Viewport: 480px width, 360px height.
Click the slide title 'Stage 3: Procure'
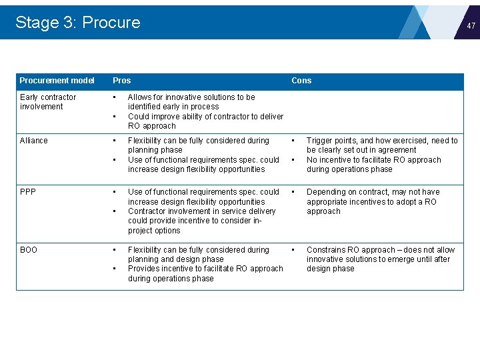pos(77,23)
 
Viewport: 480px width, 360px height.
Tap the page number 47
pos(471,26)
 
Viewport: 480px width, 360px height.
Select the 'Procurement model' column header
pos(57,81)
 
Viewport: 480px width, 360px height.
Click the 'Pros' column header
pos(121,81)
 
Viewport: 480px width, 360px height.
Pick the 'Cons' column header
pos(301,81)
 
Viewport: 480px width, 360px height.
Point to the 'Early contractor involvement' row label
pos(48,102)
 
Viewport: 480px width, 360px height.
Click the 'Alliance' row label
pos(34,141)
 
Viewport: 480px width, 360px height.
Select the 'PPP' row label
pos(28,192)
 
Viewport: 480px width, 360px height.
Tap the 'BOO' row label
pos(29,250)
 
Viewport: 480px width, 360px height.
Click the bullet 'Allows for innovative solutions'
pos(191,102)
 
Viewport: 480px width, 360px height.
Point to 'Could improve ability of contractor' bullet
pos(205,121)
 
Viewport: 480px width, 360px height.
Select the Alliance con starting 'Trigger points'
pos(382,145)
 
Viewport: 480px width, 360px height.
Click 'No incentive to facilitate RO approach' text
pos(373,165)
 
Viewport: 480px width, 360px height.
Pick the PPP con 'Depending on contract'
pos(373,201)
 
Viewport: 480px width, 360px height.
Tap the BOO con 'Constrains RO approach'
pos(380,259)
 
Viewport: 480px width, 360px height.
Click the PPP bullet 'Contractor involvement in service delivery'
pos(201,221)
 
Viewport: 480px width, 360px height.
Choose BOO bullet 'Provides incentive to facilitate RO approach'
pos(205,273)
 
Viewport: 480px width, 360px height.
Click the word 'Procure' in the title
pos(111,23)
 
